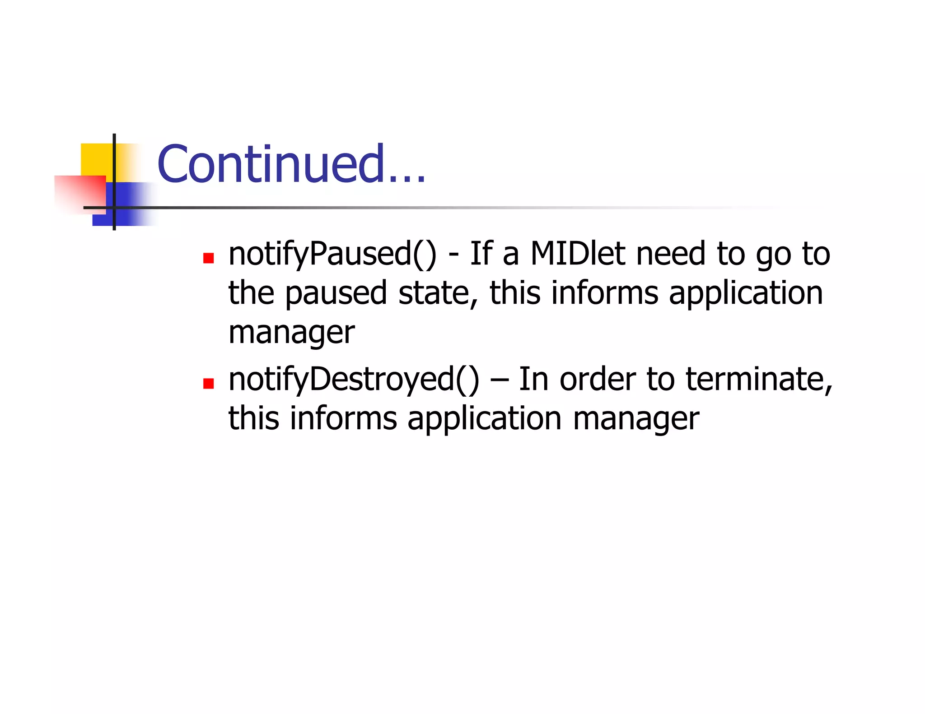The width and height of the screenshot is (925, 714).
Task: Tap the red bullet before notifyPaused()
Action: pyautogui.click(x=208, y=258)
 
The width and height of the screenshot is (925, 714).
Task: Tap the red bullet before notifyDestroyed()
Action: pyautogui.click(x=208, y=384)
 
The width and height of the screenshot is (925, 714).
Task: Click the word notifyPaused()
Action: pyautogui.click(x=332, y=254)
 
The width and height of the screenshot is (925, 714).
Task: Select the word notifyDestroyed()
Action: pyautogui.click(x=354, y=379)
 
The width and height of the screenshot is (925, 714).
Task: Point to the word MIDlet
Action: pyautogui.click(x=578, y=254)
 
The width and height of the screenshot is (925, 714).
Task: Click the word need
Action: pyautogui.click(x=671, y=254)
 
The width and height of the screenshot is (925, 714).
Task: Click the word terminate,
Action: pyautogui.click(x=759, y=379)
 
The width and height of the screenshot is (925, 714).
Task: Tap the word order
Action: pyautogui.click(x=598, y=379)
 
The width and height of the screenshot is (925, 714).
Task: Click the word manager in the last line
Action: pyautogui.click(x=636, y=418)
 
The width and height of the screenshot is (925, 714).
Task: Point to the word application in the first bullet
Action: pyautogui.click(x=746, y=293)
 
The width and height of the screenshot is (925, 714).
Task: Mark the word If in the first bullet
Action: pyautogui.click(x=481, y=254)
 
